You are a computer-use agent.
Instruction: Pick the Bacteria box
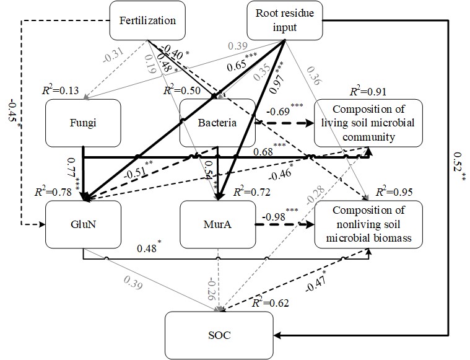(x=217, y=123)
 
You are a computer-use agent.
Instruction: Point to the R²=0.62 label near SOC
(x=271, y=304)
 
